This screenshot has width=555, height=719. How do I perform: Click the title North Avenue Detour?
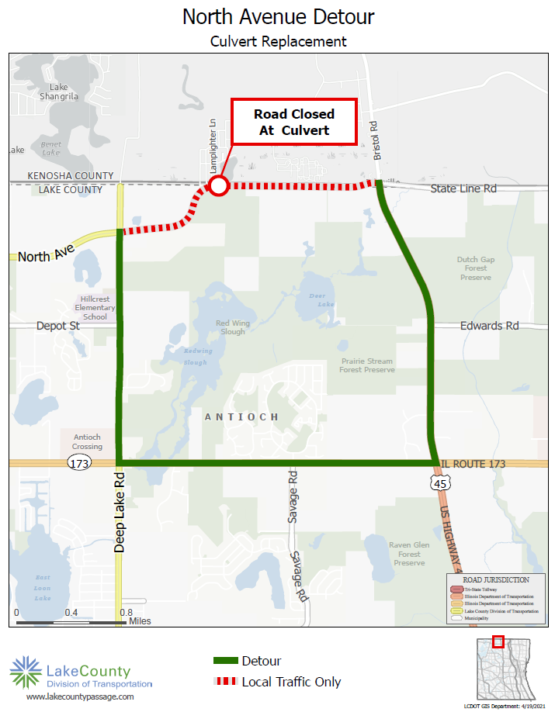click(x=278, y=16)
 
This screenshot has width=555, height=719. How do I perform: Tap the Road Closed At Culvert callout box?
click(x=294, y=122)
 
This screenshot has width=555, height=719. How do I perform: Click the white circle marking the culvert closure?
click(x=219, y=186)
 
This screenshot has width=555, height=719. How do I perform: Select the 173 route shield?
click(x=78, y=464)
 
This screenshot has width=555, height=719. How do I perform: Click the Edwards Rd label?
click(x=488, y=326)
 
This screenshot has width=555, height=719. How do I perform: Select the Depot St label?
click(x=57, y=326)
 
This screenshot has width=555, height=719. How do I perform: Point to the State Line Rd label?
click(x=465, y=188)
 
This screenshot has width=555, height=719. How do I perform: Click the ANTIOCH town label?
click(x=241, y=417)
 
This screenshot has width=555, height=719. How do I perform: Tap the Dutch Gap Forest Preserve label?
click(x=475, y=268)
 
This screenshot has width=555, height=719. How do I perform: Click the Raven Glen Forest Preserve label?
click(x=409, y=554)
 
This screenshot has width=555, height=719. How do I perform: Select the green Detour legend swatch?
click(x=225, y=661)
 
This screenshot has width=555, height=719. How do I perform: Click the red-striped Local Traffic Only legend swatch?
click(x=225, y=682)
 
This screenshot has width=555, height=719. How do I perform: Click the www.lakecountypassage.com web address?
click(x=80, y=697)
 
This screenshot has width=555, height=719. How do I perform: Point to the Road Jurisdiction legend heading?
click(x=496, y=579)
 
